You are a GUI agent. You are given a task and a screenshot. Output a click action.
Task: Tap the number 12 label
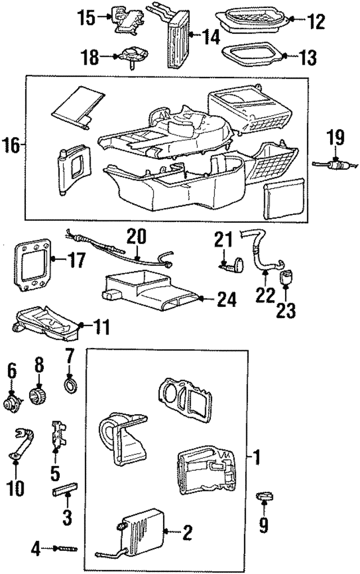pos(317,22)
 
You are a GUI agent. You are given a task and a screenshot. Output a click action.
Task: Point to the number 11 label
pos(101,326)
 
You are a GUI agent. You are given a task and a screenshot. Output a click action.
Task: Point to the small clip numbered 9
pos(263,496)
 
